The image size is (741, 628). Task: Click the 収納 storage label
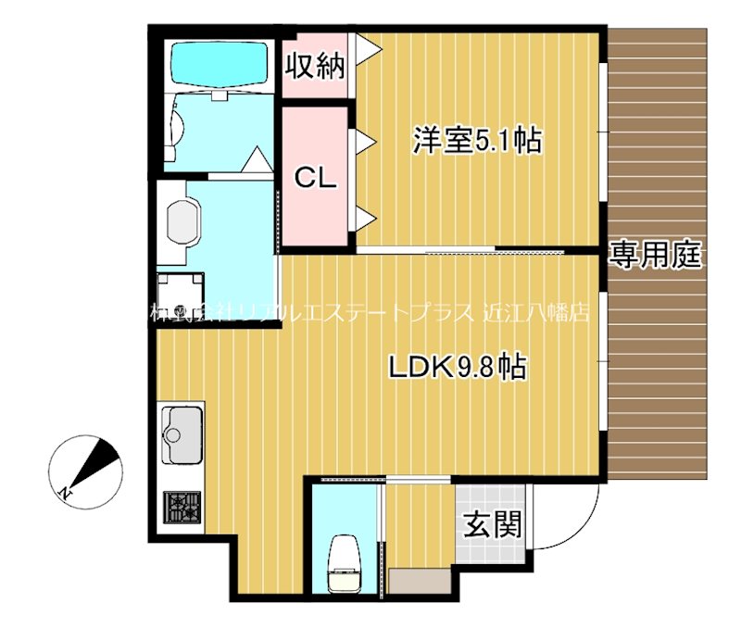tap(315, 66)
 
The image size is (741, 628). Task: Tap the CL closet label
tap(315, 178)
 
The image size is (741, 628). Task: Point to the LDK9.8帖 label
tap(457, 368)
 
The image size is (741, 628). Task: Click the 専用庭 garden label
tap(656, 255)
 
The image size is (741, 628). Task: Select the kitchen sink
tap(182, 434)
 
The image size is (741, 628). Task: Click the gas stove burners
tap(182, 509)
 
